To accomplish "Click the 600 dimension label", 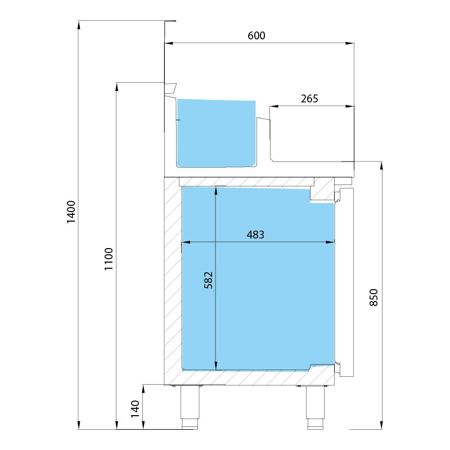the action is pyautogui.click(x=256, y=35).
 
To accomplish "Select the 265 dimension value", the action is pyautogui.click(x=309, y=99).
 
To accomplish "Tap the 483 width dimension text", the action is pyautogui.click(x=255, y=235).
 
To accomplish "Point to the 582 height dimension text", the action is pyautogui.click(x=208, y=280).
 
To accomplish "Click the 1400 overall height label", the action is pyautogui.click(x=71, y=212).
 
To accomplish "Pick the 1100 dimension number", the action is pyautogui.click(x=109, y=259).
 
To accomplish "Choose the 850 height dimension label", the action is pyautogui.click(x=373, y=298).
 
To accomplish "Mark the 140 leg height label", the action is pyautogui.click(x=135, y=409).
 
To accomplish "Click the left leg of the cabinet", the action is pyautogui.click(x=190, y=407).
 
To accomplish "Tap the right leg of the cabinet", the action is pyautogui.click(x=316, y=407).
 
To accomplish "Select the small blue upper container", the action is pyautogui.click(x=216, y=133).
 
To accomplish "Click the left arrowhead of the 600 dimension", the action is pyautogui.click(x=169, y=43).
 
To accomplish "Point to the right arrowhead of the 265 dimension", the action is pyautogui.click(x=349, y=106).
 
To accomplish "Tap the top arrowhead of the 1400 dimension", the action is pyautogui.click(x=78, y=25).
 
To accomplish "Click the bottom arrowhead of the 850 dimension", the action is pyautogui.click(x=381, y=425).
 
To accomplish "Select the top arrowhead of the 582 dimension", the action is pyautogui.click(x=216, y=191).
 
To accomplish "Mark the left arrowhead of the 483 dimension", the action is pyautogui.click(x=186, y=242).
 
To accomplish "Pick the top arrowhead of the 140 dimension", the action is pyautogui.click(x=143, y=389).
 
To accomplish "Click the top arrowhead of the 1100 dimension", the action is pyautogui.click(x=116, y=87).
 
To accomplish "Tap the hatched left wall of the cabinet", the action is pyautogui.click(x=173, y=281).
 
